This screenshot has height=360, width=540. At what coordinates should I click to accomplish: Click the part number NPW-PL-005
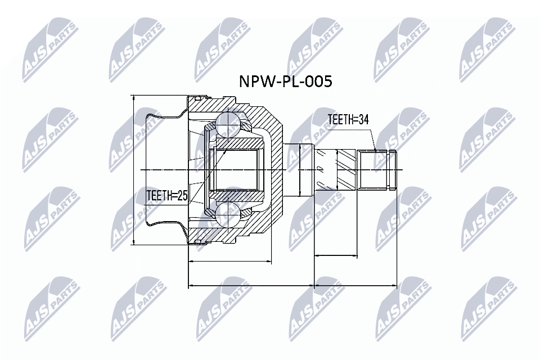(286, 82)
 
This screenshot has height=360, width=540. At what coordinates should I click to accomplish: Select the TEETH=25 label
(166, 195)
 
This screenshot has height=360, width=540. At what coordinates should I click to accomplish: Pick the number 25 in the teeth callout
(181, 195)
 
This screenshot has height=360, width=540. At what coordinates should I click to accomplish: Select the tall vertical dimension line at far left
(134, 169)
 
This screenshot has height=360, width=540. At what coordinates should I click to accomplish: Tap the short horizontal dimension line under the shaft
(335, 256)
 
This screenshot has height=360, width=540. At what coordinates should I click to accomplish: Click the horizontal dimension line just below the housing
(229, 262)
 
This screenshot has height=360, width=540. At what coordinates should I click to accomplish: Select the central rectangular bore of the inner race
(236, 169)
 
